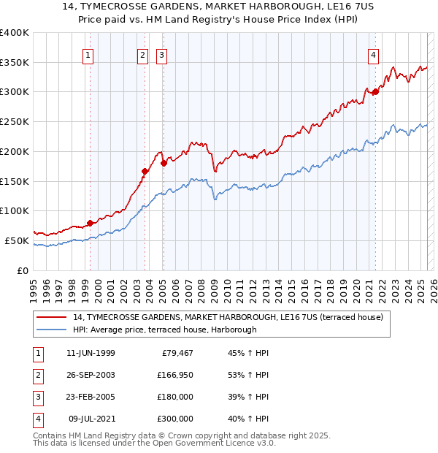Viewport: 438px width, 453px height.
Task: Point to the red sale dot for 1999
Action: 90,223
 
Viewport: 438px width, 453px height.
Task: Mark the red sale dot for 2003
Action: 145,171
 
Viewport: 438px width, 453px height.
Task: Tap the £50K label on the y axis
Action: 18,240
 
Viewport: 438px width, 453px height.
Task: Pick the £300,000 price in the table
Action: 174,419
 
